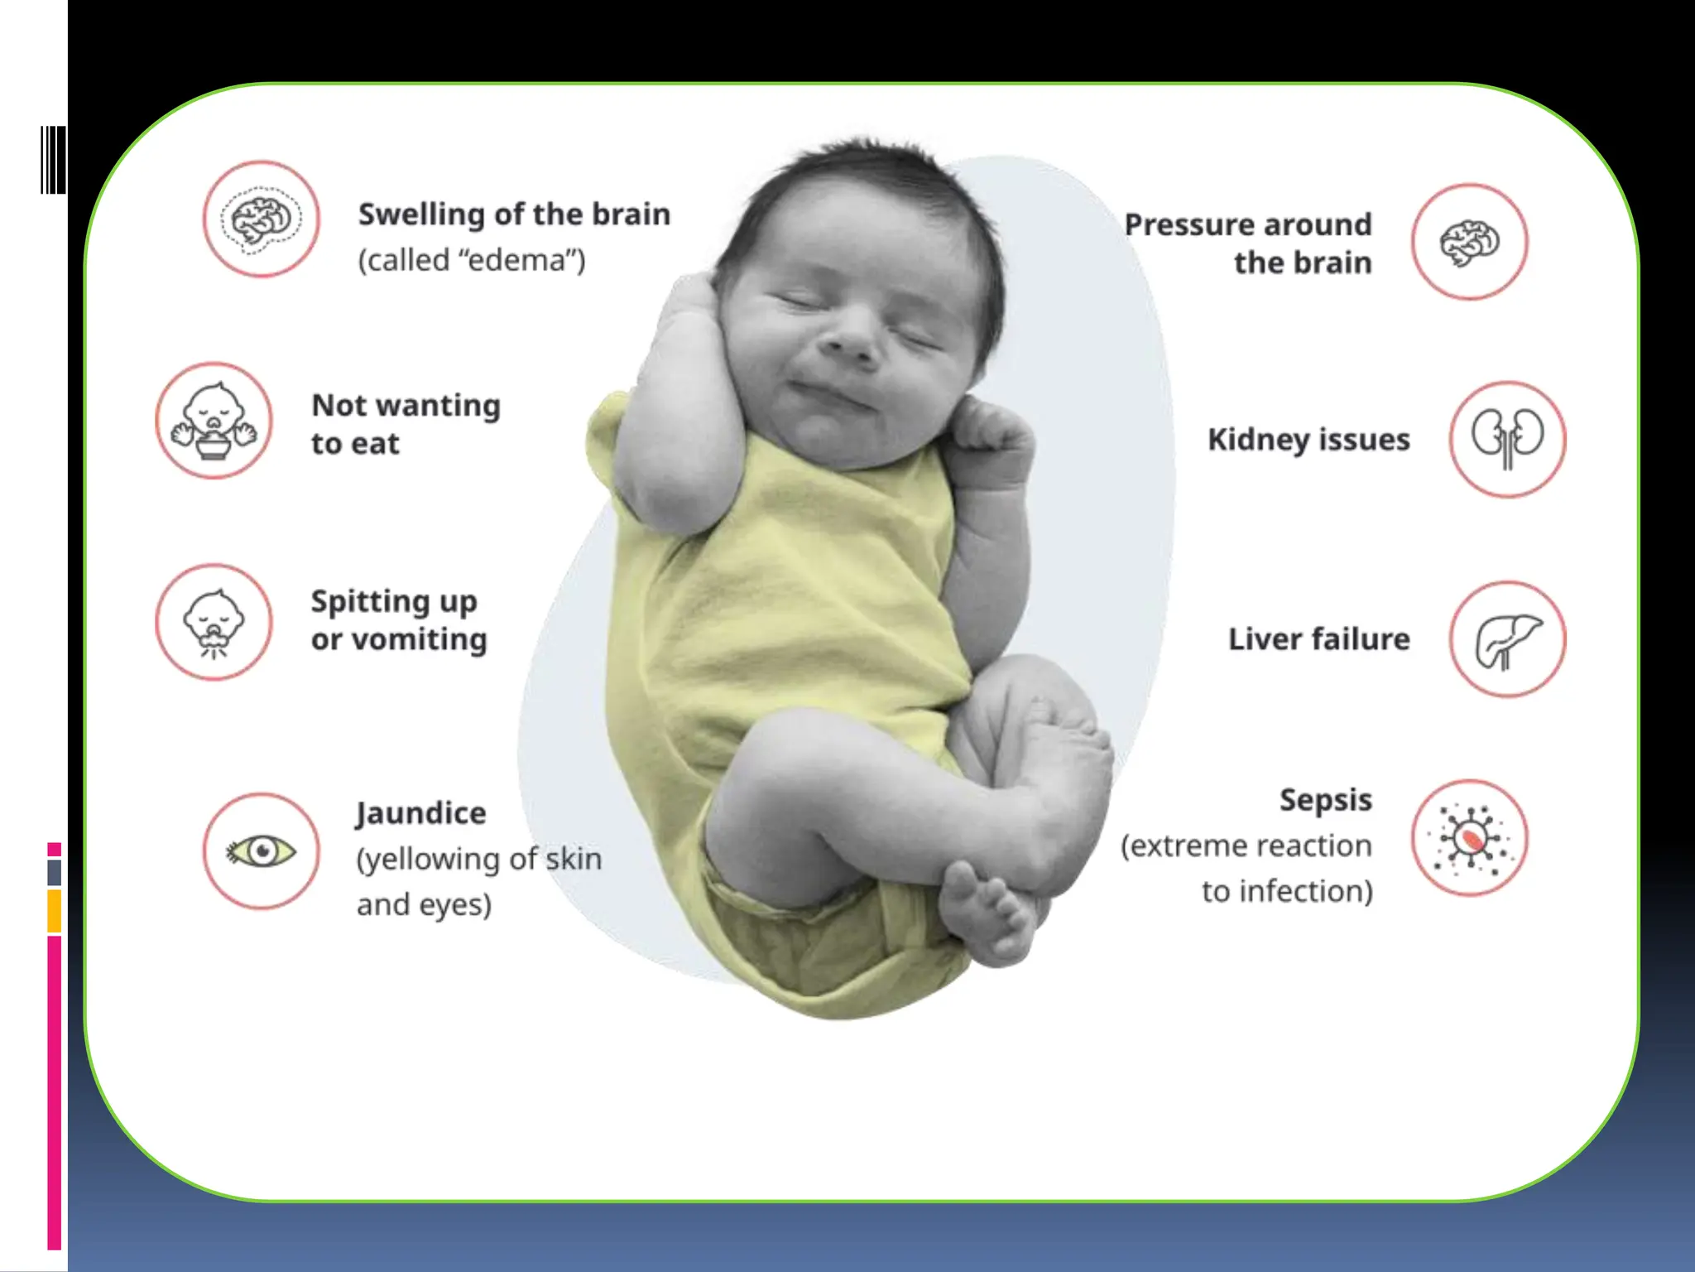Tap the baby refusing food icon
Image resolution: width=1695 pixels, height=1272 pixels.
tap(214, 421)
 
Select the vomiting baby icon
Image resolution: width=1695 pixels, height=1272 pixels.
tap(214, 623)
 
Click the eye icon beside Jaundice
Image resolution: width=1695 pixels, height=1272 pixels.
tap(262, 851)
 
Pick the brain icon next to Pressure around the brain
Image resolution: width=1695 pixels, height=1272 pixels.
tap(1469, 243)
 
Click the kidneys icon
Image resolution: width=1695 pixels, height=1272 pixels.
tap(1507, 439)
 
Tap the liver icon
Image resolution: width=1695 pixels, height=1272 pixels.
tap(1507, 639)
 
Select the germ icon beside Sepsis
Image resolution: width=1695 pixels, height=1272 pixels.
tap(1469, 838)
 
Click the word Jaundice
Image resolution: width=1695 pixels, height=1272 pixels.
tap(420, 814)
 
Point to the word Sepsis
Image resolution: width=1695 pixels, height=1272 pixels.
tap(1325, 800)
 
